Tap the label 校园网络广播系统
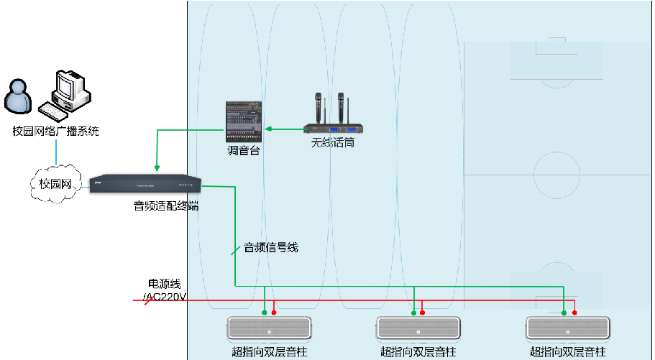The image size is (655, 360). pos(55,131)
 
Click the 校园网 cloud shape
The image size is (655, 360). pos(55,184)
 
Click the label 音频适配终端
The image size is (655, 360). pos(166,206)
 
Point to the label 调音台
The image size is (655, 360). pos(243,152)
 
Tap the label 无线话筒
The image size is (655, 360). pos(332,143)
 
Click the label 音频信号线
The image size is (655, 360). pos(271,248)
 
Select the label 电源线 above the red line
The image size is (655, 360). pos(165,285)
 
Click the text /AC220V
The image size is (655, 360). pos(165,296)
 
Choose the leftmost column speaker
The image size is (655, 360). pos(271,330)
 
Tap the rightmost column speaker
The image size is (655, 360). pos(568,330)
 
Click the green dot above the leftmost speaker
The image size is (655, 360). pos(265,313)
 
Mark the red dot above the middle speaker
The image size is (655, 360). pos(422,313)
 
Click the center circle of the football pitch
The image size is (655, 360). pos(558,175)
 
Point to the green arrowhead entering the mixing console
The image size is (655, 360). pos(267,129)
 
